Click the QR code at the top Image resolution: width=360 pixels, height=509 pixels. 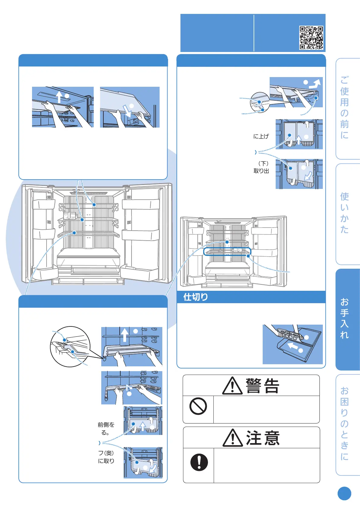[311, 37]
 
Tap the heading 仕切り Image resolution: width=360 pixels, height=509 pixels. [196, 297]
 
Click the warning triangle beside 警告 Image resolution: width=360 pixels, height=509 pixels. [232, 386]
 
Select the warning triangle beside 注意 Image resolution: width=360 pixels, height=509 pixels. [232, 438]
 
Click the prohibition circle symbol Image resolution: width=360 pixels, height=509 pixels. [198, 406]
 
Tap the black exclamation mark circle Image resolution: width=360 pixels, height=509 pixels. [199, 462]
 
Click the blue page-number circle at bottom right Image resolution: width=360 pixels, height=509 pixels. [344, 494]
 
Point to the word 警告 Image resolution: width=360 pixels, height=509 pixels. [262, 386]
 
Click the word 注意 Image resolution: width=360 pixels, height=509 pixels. [263, 438]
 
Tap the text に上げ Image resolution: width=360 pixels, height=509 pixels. [261, 137]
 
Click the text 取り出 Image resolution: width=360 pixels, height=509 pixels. [261, 171]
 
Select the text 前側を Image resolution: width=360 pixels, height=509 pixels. [106, 425]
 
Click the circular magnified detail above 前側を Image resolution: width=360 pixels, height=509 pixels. [70, 347]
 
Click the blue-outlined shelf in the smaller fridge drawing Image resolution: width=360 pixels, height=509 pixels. [227, 251]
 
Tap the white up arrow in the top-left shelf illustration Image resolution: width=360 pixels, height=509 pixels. [60, 97]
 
